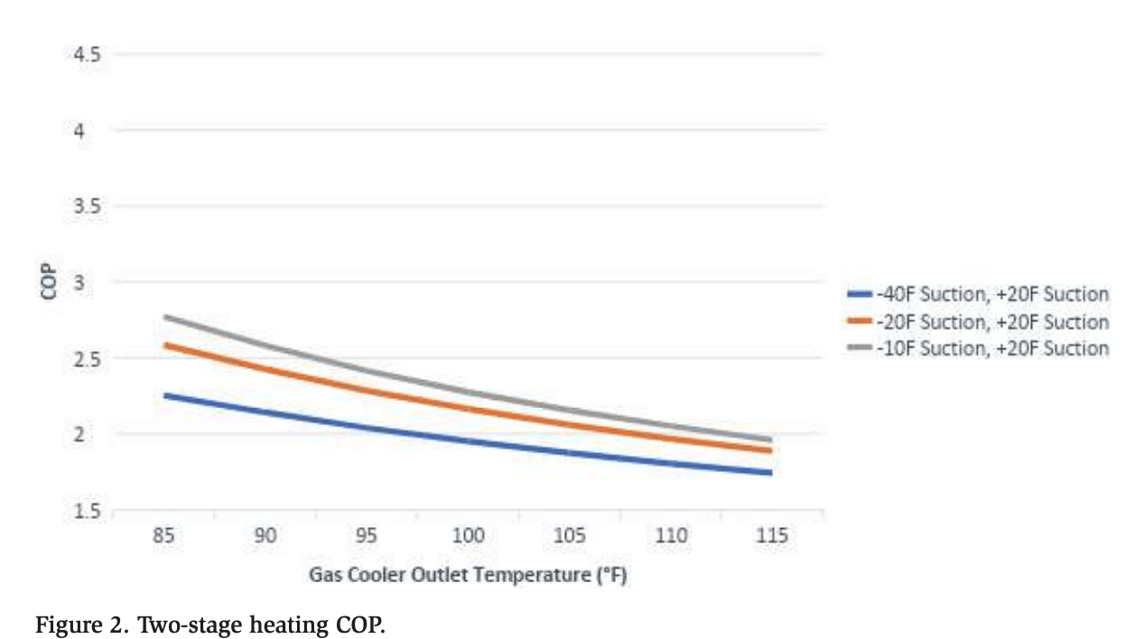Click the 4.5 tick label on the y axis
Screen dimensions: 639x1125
coord(88,54)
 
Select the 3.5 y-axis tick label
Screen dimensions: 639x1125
coord(88,206)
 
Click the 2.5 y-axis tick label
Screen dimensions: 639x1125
coord(88,358)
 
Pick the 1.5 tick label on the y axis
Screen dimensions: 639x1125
coord(88,511)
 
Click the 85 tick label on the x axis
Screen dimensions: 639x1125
coord(163,536)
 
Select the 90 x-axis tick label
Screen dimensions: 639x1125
coord(265,536)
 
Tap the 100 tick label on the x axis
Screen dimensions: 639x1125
coord(469,536)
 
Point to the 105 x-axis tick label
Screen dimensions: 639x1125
coord(570,536)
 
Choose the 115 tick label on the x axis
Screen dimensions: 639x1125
coord(773,536)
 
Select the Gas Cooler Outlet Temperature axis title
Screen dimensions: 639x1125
coord(469,575)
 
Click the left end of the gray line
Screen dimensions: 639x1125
coord(164,317)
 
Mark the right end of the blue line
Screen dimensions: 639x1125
coord(771,473)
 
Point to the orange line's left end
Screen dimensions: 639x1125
coord(164,345)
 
